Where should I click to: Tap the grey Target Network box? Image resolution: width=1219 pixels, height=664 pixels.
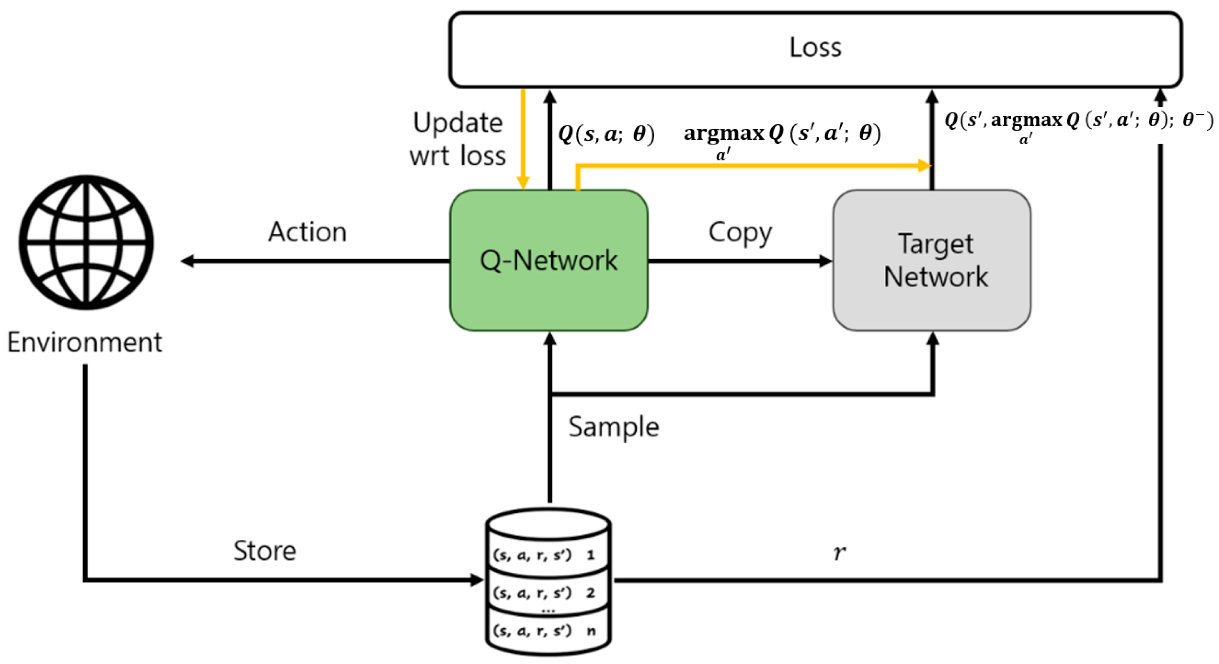click(x=931, y=260)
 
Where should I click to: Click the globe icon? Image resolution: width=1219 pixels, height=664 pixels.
click(x=87, y=243)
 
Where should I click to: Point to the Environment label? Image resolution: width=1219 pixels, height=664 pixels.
click(x=85, y=342)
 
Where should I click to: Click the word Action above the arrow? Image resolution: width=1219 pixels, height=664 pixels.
click(x=307, y=232)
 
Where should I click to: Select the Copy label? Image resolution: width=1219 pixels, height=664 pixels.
click(x=740, y=233)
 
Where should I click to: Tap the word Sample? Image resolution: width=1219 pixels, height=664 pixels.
click(x=613, y=427)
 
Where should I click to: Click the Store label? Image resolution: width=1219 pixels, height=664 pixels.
click(x=265, y=550)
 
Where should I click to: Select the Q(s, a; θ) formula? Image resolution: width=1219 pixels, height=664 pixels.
click(x=606, y=134)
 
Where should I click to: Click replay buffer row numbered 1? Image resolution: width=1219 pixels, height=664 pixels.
click(x=544, y=555)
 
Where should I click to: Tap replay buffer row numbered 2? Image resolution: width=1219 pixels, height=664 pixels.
click(x=544, y=593)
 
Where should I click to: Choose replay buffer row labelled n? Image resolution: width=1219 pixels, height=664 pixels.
click(x=544, y=631)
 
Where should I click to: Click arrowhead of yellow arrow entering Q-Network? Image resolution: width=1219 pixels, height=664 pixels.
click(x=523, y=183)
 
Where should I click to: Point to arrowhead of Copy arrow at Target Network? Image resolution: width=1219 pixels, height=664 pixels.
click(x=825, y=261)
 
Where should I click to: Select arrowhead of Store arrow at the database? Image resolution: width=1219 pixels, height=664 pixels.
click(x=477, y=580)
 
